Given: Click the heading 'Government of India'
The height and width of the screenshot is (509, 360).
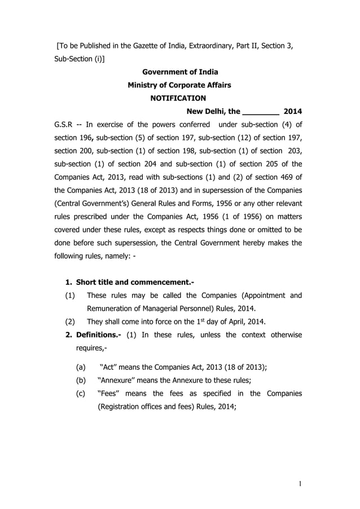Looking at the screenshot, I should pos(179,72).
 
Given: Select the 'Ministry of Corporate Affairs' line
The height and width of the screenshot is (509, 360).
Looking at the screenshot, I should pos(179,85).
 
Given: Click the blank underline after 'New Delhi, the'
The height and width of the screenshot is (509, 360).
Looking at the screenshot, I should pos(260,111).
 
